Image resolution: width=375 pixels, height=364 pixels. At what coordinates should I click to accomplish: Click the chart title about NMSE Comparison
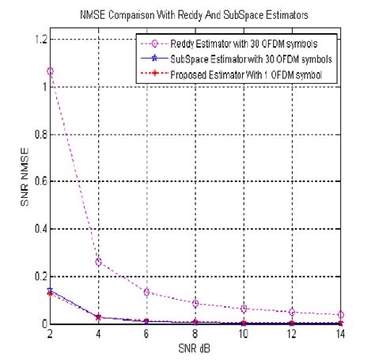tap(188, 13)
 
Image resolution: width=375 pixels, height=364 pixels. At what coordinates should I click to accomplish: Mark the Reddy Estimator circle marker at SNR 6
tap(146, 292)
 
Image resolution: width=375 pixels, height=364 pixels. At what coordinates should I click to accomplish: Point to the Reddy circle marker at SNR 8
tap(195, 303)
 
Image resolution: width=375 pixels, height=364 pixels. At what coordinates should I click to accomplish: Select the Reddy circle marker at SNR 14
tap(340, 314)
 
